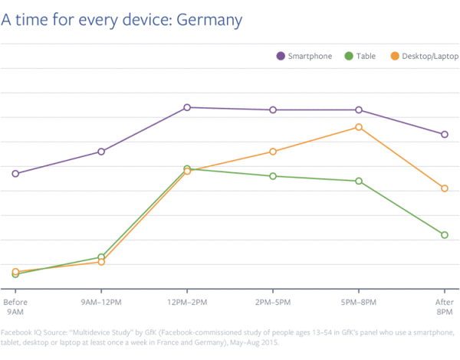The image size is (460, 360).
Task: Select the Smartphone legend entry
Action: (310, 56)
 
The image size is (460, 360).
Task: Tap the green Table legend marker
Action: (348, 56)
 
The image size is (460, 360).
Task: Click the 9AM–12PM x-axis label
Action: (101, 303)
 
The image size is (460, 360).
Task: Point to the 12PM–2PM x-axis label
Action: (187, 303)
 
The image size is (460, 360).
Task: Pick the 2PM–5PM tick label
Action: (273, 303)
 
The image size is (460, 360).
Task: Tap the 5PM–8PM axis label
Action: (359, 303)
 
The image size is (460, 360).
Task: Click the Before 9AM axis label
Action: (15, 307)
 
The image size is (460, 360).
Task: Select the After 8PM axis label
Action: (444, 307)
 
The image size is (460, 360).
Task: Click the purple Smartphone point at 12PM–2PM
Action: (187, 107)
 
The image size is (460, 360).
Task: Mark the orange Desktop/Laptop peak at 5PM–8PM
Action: (359, 127)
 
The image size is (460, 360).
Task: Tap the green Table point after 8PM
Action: (445, 235)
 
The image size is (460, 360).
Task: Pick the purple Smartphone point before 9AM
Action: (15, 174)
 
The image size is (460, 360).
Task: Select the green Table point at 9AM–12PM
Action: (101, 257)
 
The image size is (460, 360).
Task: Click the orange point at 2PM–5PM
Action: (273, 152)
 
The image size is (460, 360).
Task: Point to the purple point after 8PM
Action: (445, 135)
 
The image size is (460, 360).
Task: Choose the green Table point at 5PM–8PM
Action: (359, 181)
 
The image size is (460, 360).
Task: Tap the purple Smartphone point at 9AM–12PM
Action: (101, 152)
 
